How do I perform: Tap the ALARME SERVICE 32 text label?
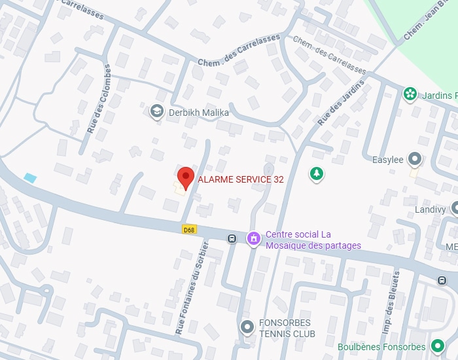coord(241,179)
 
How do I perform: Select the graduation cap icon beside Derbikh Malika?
coord(156,112)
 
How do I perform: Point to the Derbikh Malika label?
coord(199,113)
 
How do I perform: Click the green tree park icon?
coord(317,174)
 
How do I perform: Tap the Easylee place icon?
coord(414,158)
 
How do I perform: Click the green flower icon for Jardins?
coord(410,94)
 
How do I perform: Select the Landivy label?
coord(430,210)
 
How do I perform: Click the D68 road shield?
coord(189,229)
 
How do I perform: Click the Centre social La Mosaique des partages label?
coord(313,240)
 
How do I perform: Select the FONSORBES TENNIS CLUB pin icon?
coord(247,326)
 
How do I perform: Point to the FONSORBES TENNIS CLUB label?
coord(287,329)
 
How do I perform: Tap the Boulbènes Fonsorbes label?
coord(382,347)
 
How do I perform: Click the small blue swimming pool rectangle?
coord(29,177)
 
